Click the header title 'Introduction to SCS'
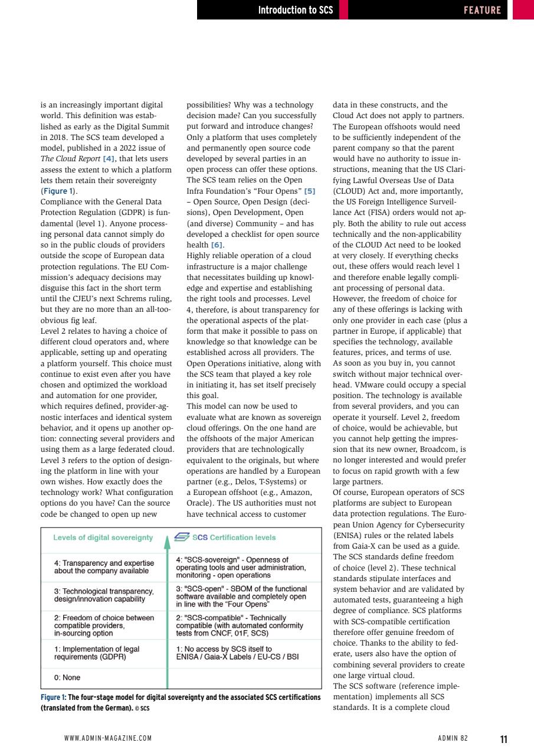pos(295,9)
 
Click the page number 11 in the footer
pos(503,739)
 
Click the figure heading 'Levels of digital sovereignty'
pos(103,537)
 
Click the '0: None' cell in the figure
pos(67,677)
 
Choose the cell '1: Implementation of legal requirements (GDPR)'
pos(97,653)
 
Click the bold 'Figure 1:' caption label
pos(54,698)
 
